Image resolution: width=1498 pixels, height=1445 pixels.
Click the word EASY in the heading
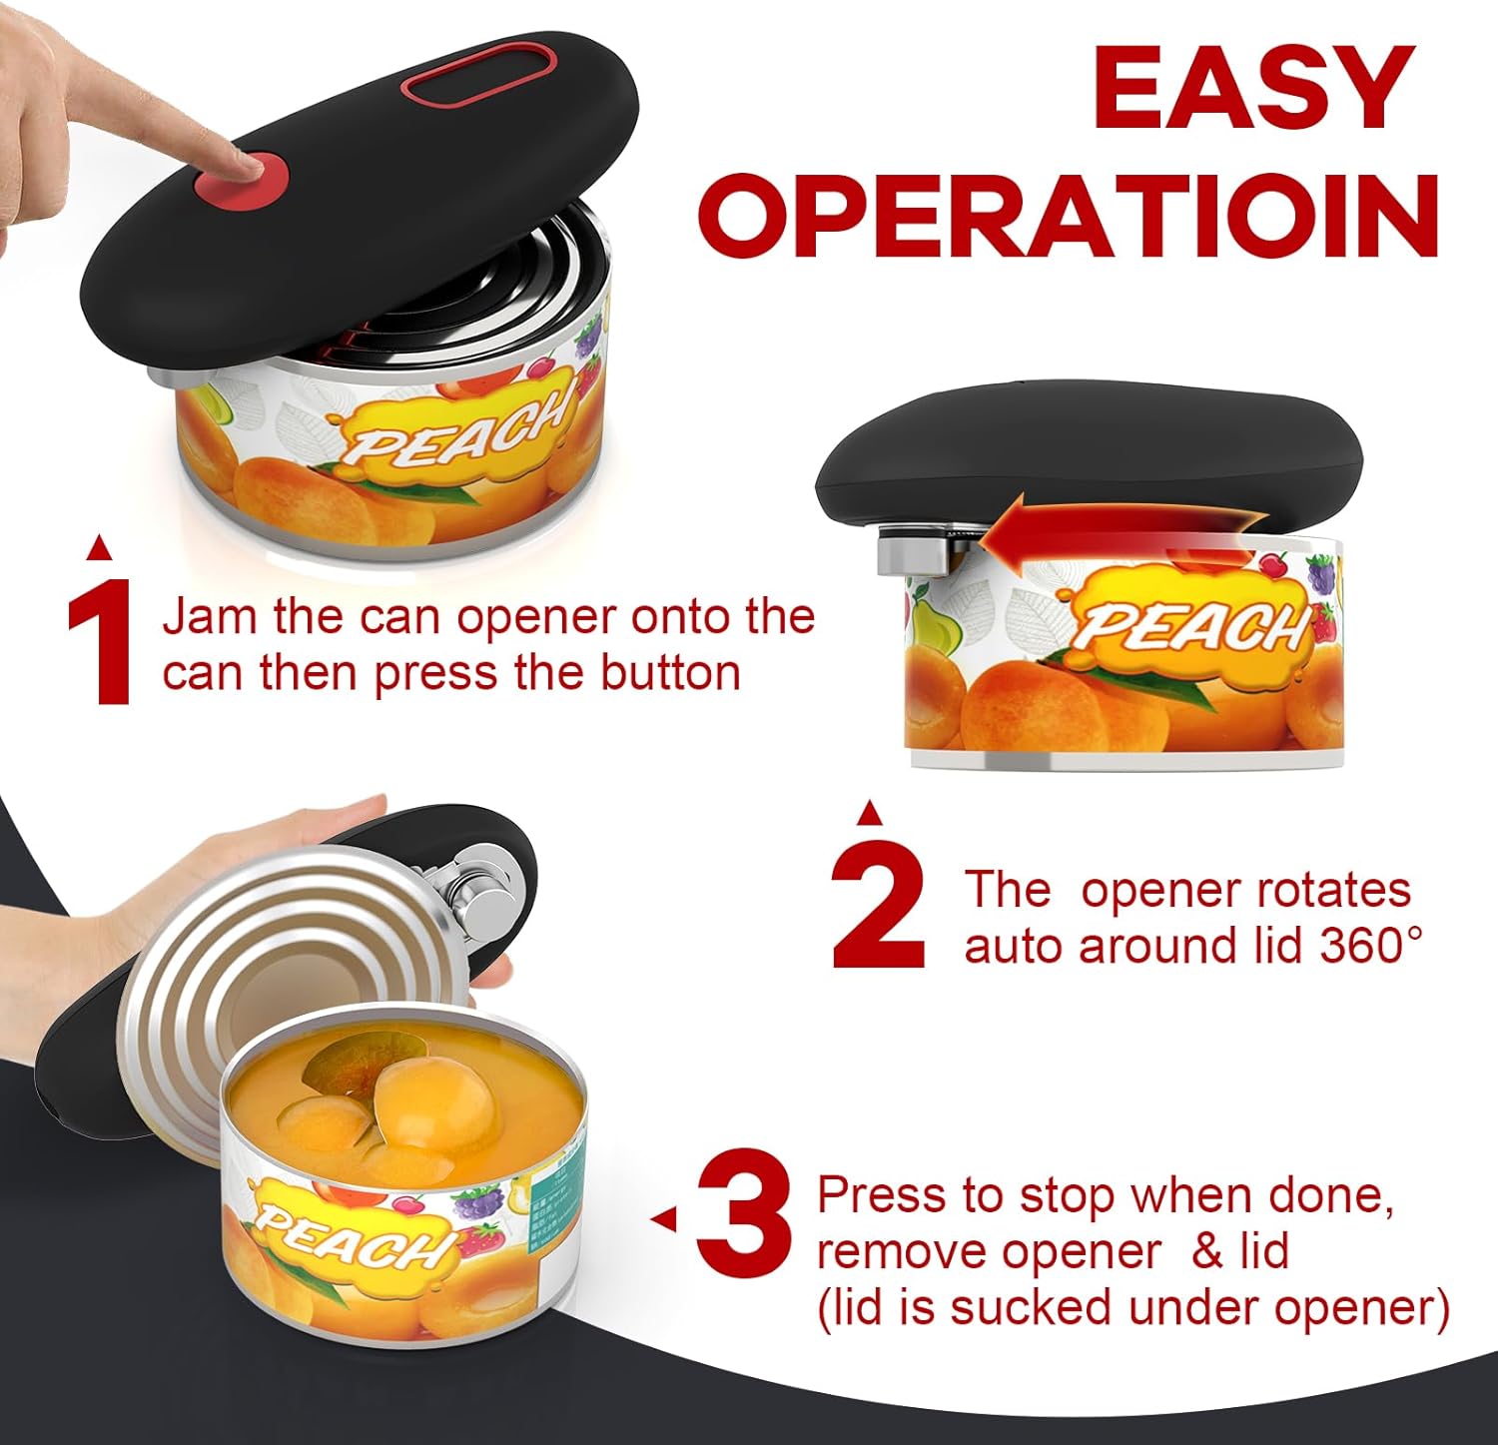coord(1253,87)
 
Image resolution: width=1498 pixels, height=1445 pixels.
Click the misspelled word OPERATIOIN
coord(1070,216)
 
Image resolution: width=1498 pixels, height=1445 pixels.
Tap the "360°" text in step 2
coord(1372,945)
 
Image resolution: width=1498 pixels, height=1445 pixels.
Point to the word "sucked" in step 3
coord(1044,1307)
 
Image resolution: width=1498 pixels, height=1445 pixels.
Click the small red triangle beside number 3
coord(663,1218)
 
